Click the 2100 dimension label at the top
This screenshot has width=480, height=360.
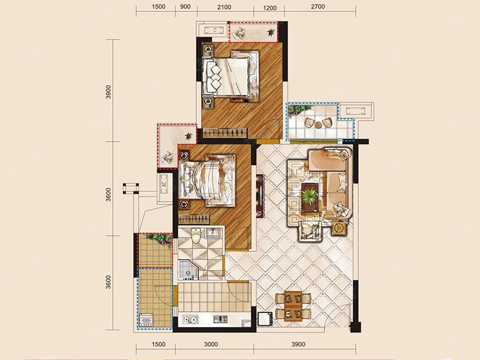tap(224, 7)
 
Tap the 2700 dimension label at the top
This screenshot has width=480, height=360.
tap(318, 7)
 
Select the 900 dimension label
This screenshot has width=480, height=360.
tap(185, 7)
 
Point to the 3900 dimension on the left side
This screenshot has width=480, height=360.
tap(108, 92)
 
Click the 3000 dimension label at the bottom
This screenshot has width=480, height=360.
tap(211, 344)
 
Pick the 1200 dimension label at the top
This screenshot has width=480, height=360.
tap(269, 8)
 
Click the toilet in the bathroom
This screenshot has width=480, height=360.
tap(196, 235)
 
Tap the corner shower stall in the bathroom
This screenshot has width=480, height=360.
tap(188, 270)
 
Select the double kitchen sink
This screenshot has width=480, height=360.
tap(190, 320)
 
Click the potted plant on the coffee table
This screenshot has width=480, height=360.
tap(310, 196)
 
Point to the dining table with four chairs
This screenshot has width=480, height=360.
tap(293, 307)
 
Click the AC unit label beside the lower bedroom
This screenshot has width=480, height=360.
tap(164, 184)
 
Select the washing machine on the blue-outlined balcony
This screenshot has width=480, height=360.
tap(146, 320)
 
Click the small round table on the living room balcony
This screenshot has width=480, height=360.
tap(319, 125)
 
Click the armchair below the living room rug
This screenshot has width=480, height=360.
tap(311, 230)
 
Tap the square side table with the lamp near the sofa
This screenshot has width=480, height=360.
tap(339, 228)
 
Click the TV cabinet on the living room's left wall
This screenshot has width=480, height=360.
tap(260, 196)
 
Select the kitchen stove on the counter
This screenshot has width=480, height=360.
tap(220, 319)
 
